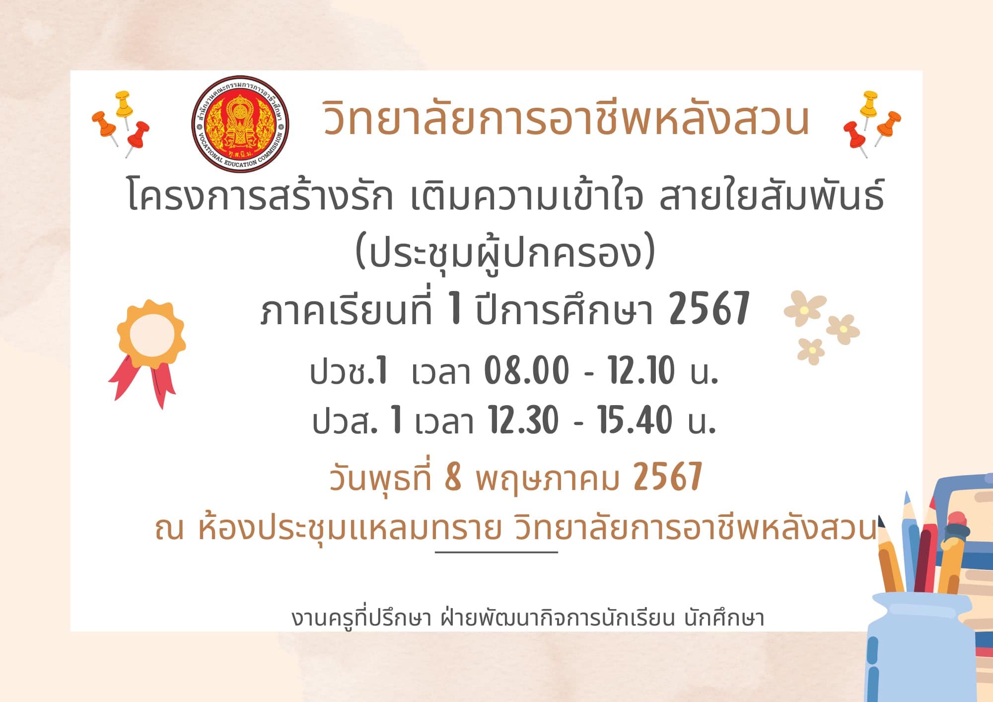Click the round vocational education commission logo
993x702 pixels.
(x=240, y=124)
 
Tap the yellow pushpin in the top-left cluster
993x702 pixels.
(x=123, y=106)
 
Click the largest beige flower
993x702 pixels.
(x=805, y=308)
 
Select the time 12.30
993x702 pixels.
(x=523, y=420)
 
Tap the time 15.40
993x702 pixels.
(x=635, y=420)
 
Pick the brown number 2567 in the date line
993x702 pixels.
(x=668, y=477)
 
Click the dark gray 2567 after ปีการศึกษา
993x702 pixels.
(x=709, y=309)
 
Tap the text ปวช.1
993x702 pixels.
(x=348, y=371)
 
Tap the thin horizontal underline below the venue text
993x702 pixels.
(x=496, y=552)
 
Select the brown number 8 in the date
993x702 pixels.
(x=453, y=477)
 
